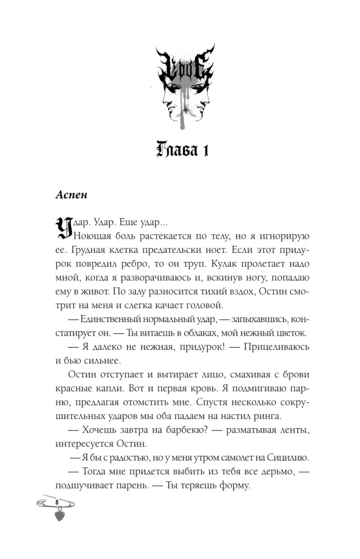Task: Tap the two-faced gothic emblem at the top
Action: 179,84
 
